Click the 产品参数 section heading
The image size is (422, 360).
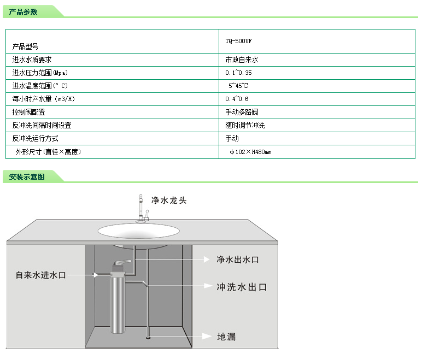[x=23, y=11]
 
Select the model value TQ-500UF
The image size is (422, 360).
[x=238, y=41]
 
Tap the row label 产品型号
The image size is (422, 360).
[x=26, y=47]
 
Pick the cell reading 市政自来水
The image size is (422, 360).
[x=242, y=59]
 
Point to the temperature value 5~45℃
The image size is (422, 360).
[x=238, y=86]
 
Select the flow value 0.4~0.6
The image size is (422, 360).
[x=237, y=99]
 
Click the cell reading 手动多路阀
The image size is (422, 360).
[x=242, y=112]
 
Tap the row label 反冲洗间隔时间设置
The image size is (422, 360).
[x=42, y=125]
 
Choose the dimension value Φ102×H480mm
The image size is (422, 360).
[x=250, y=152]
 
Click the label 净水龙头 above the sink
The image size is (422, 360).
[x=169, y=200]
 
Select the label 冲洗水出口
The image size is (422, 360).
[x=241, y=287]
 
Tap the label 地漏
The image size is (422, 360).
[x=226, y=337]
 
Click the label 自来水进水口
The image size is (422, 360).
[x=40, y=275]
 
